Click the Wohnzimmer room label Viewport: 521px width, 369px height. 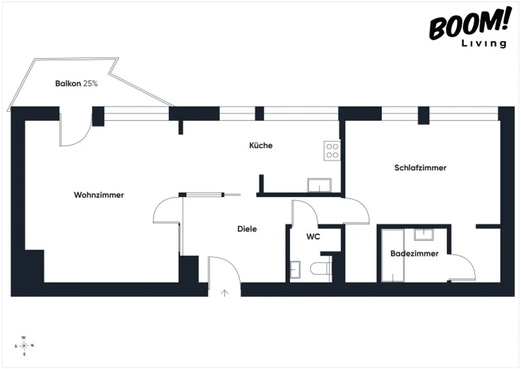(x=99, y=195)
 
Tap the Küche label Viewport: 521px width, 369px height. (x=261, y=145)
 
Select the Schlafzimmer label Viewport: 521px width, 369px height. (x=420, y=168)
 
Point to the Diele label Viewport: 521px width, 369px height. (x=247, y=229)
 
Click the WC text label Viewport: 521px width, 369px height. (x=313, y=237)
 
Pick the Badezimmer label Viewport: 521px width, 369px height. (x=414, y=253)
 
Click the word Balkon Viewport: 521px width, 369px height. (x=68, y=84)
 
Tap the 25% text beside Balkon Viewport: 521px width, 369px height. (x=90, y=84)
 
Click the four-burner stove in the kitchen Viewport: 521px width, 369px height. (x=332, y=151)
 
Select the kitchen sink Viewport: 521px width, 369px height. (x=319, y=185)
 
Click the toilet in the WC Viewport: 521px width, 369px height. (x=321, y=269)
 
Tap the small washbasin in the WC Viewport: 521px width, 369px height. (x=295, y=270)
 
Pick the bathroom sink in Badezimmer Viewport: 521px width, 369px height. (x=424, y=235)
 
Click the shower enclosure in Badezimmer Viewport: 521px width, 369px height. (x=393, y=255)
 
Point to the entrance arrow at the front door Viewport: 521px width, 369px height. (x=225, y=293)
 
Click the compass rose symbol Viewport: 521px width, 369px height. (x=24, y=346)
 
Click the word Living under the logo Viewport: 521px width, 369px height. (x=484, y=43)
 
